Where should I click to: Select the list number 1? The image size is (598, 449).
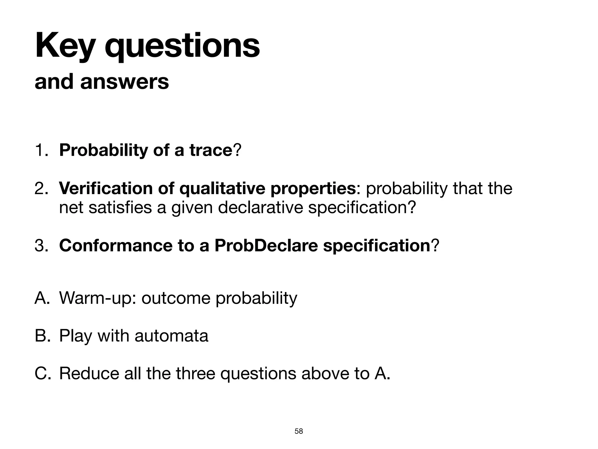(40, 150)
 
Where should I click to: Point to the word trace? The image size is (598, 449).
(210, 150)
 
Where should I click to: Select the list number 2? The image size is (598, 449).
(41, 188)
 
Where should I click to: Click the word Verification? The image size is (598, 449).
(105, 188)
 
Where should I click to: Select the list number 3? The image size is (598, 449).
(41, 246)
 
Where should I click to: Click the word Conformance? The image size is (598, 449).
(116, 246)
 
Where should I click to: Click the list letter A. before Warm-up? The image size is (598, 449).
(42, 298)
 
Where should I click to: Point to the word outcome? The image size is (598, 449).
(176, 298)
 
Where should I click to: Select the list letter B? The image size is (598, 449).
(42, 336)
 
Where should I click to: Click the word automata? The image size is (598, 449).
(171, 336)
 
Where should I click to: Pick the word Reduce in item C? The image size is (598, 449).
(89, 373)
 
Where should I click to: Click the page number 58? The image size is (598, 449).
(299, 431)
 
